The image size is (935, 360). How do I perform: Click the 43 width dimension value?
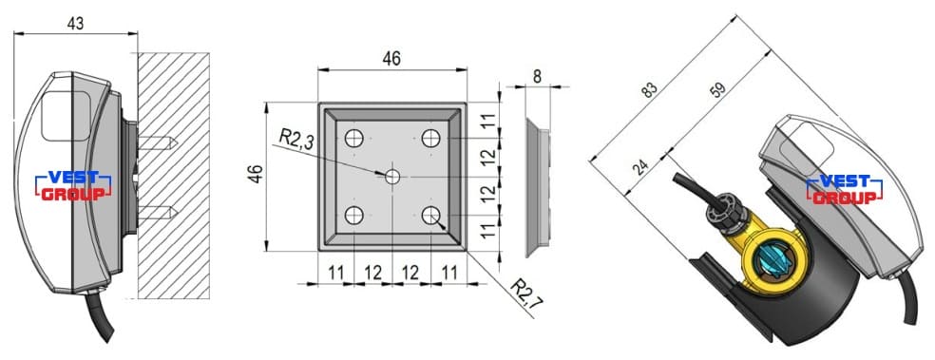point(75,23)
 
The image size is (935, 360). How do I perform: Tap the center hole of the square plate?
point(392,177)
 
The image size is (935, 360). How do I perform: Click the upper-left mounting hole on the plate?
point(354,139)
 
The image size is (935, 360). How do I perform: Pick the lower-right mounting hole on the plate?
point(430,216)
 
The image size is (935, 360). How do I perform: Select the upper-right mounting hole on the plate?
point(430,139)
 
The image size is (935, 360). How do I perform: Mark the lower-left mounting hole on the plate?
point(354,216)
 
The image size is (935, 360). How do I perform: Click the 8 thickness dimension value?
point(537,76)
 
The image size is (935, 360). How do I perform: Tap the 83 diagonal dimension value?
point(649,89)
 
